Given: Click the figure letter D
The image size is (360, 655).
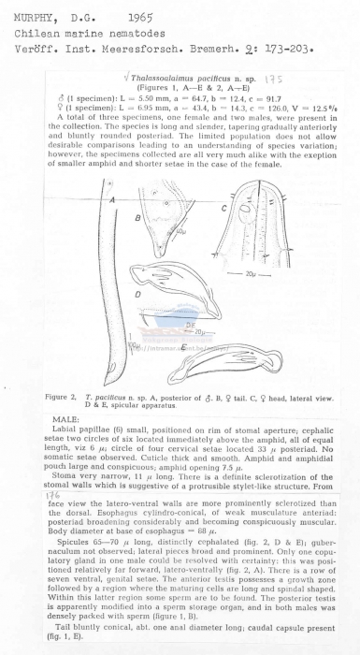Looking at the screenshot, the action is (137, 292).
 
